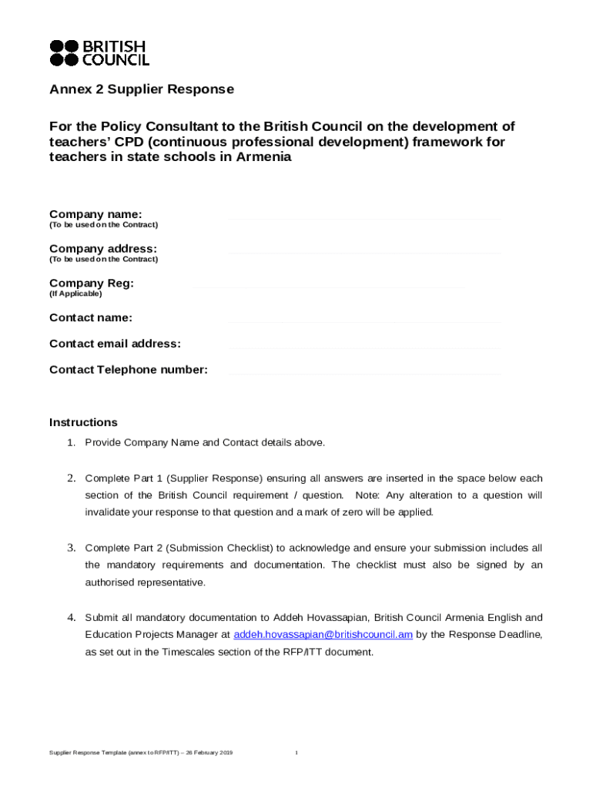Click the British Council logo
(99, 52)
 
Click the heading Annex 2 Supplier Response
(142, 89)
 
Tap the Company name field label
(95, 213)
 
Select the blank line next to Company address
(364, 253)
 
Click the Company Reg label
(92, 283)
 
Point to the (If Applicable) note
(75, 294)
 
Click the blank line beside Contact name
(364, 321)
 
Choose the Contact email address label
(115, 343)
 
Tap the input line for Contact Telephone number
(364, 374)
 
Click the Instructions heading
(83, 422)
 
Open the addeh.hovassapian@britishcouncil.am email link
(323, 634)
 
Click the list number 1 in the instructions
(70, 442)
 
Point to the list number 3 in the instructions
(70, 548)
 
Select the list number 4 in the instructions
(70, 617)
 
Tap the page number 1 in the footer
(296, 752)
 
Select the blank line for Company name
(364, 219)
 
